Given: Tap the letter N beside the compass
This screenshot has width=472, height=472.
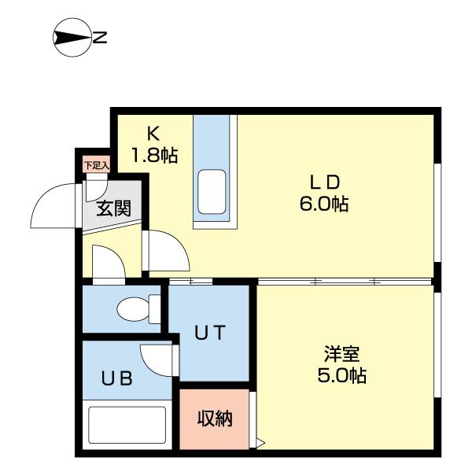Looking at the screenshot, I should [100, 38].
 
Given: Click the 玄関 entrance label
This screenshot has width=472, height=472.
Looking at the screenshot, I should [113, 209].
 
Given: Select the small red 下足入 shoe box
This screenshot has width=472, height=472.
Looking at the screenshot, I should [97, 165].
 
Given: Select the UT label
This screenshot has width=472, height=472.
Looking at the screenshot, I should [210, 332].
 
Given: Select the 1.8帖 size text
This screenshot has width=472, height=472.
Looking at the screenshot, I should [153, 155].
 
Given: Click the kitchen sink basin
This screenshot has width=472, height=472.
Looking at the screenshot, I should [212, 190].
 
